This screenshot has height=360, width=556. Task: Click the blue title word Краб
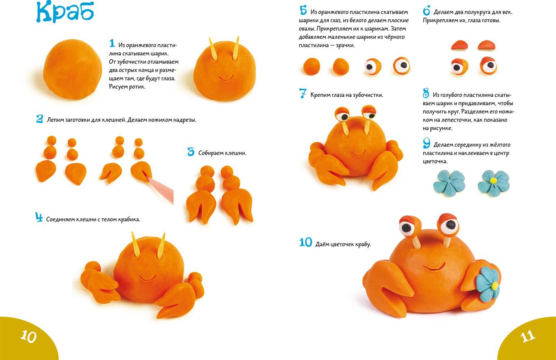(x=65, y=12)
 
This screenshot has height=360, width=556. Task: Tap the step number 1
(x=112, y=43)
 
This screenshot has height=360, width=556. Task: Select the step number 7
(x=303, y=93)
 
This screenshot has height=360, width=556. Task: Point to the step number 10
(x=305, y=242)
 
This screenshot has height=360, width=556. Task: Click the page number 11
(x=528, y=336)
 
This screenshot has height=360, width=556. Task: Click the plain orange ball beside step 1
(x=72, y=69)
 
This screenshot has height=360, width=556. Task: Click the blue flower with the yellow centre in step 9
(x=493, y=183)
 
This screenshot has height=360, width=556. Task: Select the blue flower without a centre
(x=449, y=183)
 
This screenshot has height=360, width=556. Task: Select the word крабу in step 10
(x=363, y=244)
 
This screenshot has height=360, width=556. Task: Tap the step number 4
(x=39, y=217)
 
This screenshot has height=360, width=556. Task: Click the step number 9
(x=426, y=143)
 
